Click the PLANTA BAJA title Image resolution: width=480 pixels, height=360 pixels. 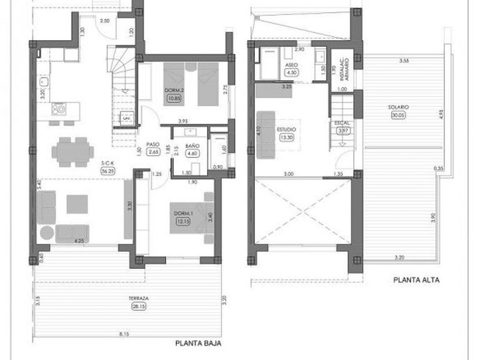[x=198, y=343]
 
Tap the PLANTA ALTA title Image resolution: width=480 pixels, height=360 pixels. [x=416, y=281]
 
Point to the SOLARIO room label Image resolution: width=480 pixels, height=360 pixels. [x=398, y=107]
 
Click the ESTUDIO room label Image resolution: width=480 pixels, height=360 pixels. [x=286, y=130]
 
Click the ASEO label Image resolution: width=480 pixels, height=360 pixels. [x=291, y=64]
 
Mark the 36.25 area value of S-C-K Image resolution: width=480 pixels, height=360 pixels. [x=108, y=171]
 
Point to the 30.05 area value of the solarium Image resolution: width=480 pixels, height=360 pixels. [x=397, y=115]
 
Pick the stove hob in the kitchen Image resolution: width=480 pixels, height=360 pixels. [x=59, y=110]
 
